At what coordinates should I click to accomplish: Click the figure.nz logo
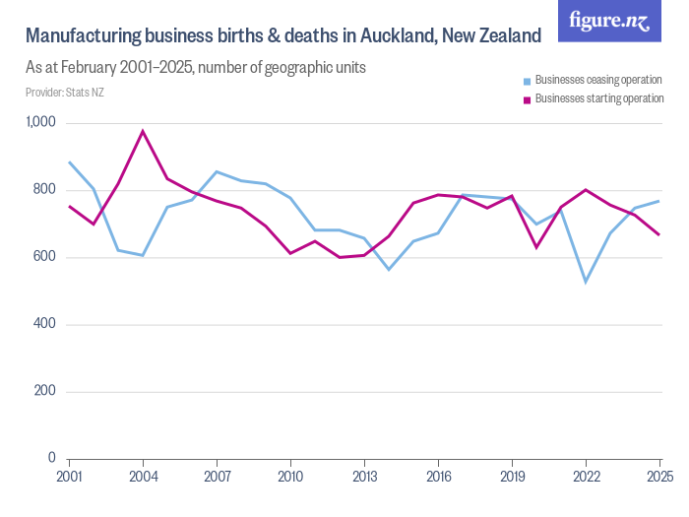(x=609, y=21)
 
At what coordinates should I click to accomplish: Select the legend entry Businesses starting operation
(x=598, y=98)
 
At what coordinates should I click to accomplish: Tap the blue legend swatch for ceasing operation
(x=528, y=81)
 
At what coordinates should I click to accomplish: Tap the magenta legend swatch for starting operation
(x=528, y=99)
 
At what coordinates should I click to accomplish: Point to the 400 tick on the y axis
(x=45, y=324)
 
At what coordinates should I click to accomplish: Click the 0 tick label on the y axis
(x=52, y=458)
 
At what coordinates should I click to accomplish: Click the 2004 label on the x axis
(x=143, y=477)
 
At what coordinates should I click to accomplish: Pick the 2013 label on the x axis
(x=364, y=477)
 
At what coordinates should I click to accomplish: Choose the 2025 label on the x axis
(x=658, y=477)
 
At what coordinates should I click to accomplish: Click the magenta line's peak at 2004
(x=143, y=131)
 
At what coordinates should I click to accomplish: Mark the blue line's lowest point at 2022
(x=586, y=282)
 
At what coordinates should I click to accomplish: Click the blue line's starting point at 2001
(x=69, y=162)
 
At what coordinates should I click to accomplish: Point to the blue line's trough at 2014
(x=389, y=269)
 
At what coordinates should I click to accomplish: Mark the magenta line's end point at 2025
(x=658, y=234)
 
